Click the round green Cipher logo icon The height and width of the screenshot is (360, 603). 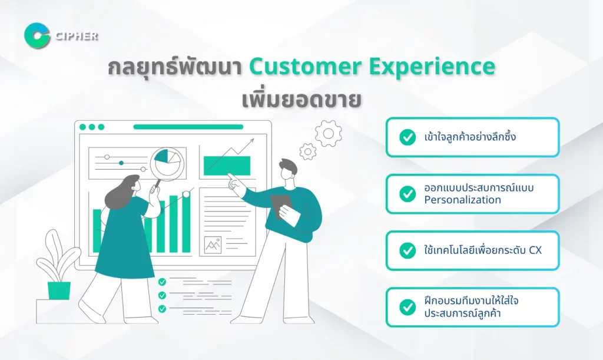point(37,36)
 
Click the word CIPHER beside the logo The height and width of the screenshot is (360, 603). point(77,36)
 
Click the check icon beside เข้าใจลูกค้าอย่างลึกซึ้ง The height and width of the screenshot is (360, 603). point(407,137)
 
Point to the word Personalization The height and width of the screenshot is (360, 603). point(463,200)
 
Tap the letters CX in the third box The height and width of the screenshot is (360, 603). point(535,250)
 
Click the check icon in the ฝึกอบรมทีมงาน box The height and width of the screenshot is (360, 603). point(407,307)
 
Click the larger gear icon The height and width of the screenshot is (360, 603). point(329,134)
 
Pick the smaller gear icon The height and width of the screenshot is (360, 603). point(307,151)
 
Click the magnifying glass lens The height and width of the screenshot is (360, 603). point(167,163)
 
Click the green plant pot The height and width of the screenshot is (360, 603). point(59,290)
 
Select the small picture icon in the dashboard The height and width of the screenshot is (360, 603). point(213,245)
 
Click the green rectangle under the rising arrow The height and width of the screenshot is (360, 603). point(227,166)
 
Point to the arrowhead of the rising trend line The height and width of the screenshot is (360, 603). point(251,141)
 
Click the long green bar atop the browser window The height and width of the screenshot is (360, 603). point(188,127)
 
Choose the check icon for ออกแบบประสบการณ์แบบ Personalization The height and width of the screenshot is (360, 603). point(407,194)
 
